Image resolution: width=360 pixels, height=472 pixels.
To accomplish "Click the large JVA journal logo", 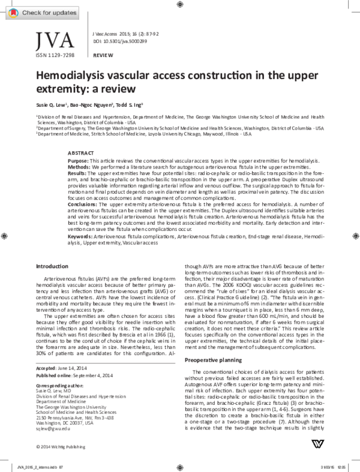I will tap(56, 40).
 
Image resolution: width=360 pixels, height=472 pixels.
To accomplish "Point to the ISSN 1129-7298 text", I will tap(55, 55).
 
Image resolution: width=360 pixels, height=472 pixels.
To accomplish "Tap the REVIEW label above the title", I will tap(103, 55).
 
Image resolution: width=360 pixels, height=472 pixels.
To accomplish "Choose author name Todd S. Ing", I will tap(129, 104).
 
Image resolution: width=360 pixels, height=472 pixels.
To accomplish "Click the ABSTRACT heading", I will tap(80, 154).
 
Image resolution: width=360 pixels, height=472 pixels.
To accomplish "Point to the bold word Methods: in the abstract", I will tap(79, 167).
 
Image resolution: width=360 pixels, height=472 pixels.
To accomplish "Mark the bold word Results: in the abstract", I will tap(78, 173).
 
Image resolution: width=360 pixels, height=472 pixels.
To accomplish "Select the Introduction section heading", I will tap(53, 266).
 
